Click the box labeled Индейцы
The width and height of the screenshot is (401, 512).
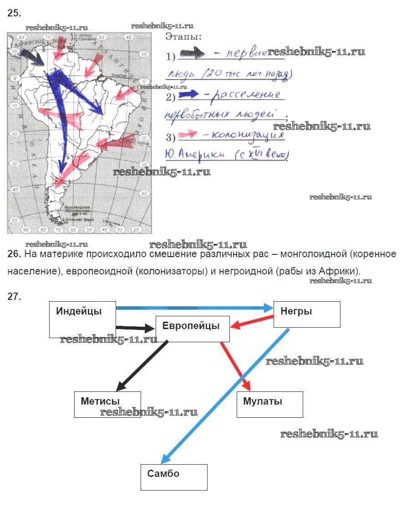pos(82,319)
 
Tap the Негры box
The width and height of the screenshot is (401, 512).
pos(306,314)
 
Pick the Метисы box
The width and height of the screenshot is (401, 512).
pos(107,404)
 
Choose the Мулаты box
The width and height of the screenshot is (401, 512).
pos(269,404)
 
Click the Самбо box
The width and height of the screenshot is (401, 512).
pos(174,477)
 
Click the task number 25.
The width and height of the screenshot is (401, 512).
pos(14,13)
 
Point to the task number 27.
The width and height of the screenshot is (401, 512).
pos(14,297)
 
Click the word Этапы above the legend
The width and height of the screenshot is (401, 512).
pos(183,36)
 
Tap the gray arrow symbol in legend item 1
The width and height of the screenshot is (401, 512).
pos(193,54)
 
